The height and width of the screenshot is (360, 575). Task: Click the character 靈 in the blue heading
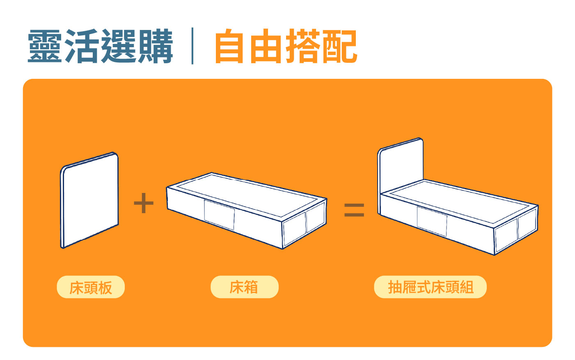point(45,46)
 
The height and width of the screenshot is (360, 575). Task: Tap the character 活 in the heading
point(82,46)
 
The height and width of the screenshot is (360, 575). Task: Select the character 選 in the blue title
point(119,46)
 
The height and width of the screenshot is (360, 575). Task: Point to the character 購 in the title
point(156,46)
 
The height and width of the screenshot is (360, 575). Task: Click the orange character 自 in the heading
point(229,46)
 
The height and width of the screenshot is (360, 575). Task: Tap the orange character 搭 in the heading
point(303,46)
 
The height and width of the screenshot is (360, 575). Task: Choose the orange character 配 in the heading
point(340,46)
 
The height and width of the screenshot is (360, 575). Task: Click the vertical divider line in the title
point(192,46)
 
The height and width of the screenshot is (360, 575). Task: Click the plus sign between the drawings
point(144,203)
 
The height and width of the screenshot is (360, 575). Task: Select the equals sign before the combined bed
point(354,210)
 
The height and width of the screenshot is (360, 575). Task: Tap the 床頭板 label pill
point(91,287)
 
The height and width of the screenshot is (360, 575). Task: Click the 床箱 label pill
point(244,287)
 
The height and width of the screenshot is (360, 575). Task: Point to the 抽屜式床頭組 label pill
point(430,287)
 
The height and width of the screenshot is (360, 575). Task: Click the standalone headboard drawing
point(89,201)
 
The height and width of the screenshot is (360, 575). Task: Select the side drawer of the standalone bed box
point(220,215)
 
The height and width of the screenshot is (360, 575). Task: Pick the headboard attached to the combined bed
point(401,167)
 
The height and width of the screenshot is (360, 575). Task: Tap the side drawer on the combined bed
point(432,221)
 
